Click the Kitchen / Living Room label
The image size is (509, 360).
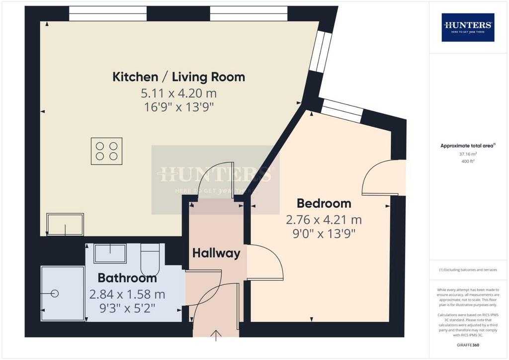click(178, 77)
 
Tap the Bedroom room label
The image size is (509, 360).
click(324, 203)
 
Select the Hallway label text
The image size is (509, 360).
click(216, 253)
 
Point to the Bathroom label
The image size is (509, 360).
click(127, 278)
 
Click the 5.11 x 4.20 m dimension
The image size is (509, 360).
click(178, 93)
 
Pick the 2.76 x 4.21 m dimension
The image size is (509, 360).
click(324, 220)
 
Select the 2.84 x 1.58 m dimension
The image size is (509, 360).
click(127, 294)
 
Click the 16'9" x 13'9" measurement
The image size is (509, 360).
click(178, 107)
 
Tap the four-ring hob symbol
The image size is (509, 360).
click(106, 151)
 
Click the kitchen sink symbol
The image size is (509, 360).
click(65, 224)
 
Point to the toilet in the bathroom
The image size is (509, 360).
click(150, 260)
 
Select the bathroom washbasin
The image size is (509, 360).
click(110, 254)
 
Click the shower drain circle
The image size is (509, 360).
click(55, 293)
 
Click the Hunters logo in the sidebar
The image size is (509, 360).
click(468, 27)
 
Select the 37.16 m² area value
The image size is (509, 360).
click(468, 154)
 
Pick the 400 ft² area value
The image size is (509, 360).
click(468, 161)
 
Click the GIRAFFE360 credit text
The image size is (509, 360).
click(468, 345)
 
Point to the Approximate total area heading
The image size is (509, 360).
click(468, 146)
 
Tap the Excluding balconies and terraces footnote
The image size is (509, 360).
click(468, 270)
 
